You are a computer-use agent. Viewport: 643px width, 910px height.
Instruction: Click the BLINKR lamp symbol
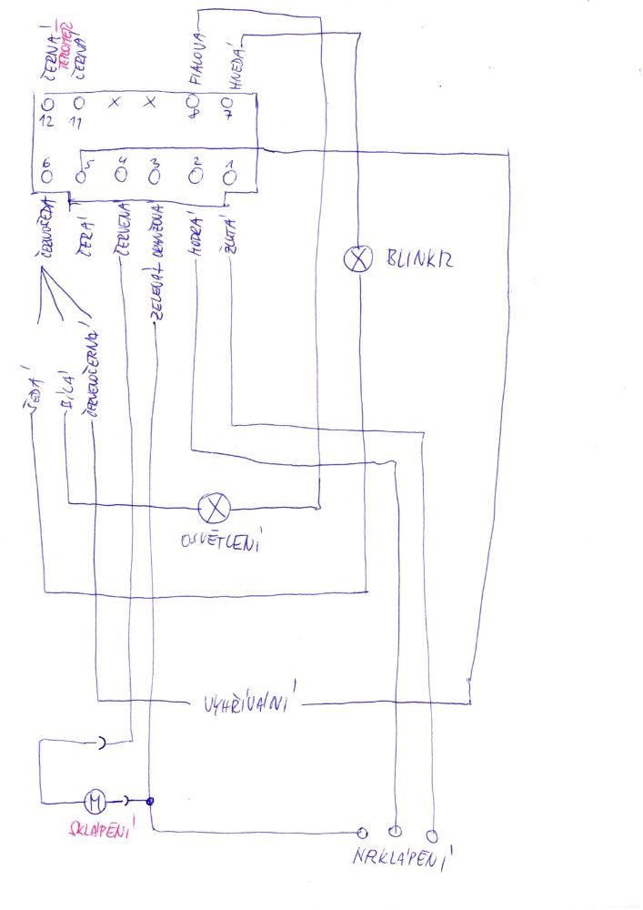(x=358, y=259)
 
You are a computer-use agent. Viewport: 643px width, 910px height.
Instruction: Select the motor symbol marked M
(x=95, y=802)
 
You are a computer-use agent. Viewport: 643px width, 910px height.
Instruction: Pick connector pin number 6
(x=45, y=176)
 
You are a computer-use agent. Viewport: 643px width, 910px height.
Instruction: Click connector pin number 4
(x=121, y=176)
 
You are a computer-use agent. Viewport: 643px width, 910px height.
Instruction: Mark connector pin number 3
(x=155, y=176)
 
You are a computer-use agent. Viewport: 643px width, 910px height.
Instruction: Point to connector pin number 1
(x=228, y=177)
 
